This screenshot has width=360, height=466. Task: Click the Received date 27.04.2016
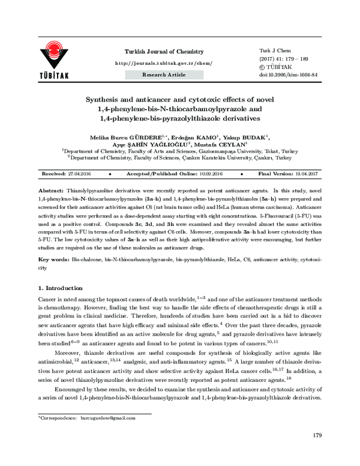[79, 172]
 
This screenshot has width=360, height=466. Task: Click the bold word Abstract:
[52, 189]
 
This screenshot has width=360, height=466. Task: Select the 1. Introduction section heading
[62, 289]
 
